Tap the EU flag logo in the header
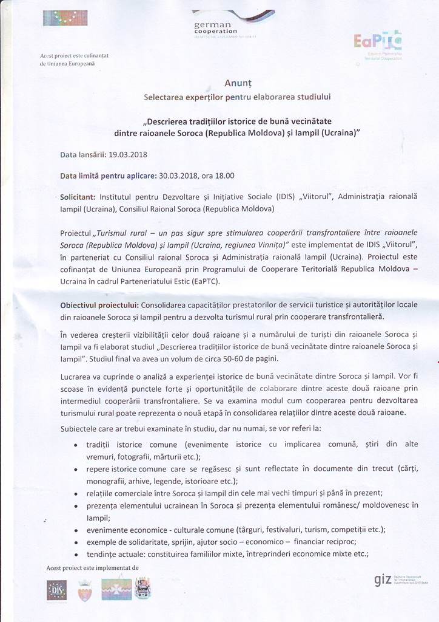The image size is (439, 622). (61, 18)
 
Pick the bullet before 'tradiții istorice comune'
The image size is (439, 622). (75, 446)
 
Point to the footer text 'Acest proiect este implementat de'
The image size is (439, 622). (92, 568)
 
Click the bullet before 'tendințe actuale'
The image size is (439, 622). (75, 554)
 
